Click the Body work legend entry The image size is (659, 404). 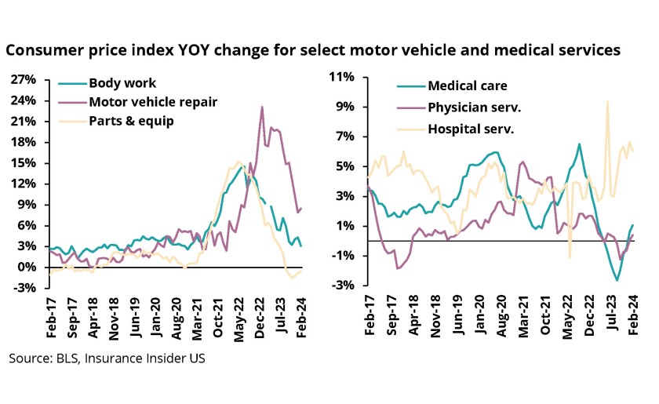[x=122, y=83]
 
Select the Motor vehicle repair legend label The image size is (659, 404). [x=152, y=102]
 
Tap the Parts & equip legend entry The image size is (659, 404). [x=131, y=121]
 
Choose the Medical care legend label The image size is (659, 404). [x=468, y=86]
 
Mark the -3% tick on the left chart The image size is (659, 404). [x=24, y=288]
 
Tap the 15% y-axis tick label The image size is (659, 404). [x=24, y=162]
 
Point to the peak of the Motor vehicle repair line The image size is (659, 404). [x=262, y=107]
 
